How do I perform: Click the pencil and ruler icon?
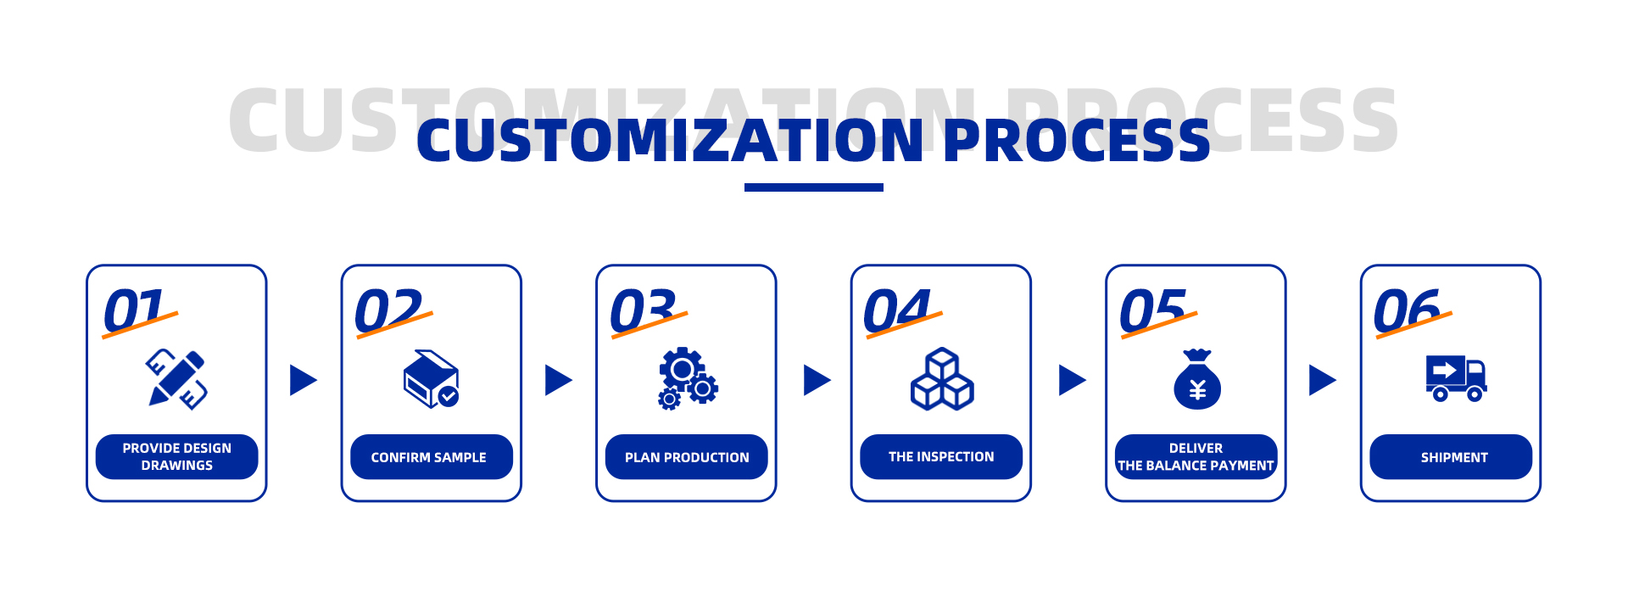(176, 379)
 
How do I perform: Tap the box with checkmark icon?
(432, 379)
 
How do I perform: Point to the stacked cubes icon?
(942, 379)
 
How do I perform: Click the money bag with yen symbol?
(1197, 379)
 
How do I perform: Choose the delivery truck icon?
(1456, 378)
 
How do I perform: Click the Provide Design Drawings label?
(176, 456)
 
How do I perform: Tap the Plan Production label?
(687, 457)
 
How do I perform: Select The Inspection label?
(941, 457)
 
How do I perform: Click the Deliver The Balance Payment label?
(1196, 457)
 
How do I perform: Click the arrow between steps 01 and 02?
(302, 380)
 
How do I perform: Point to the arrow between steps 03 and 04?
(816, 380)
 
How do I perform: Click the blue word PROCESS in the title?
(1077, 140)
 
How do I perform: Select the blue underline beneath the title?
(814, 187)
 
